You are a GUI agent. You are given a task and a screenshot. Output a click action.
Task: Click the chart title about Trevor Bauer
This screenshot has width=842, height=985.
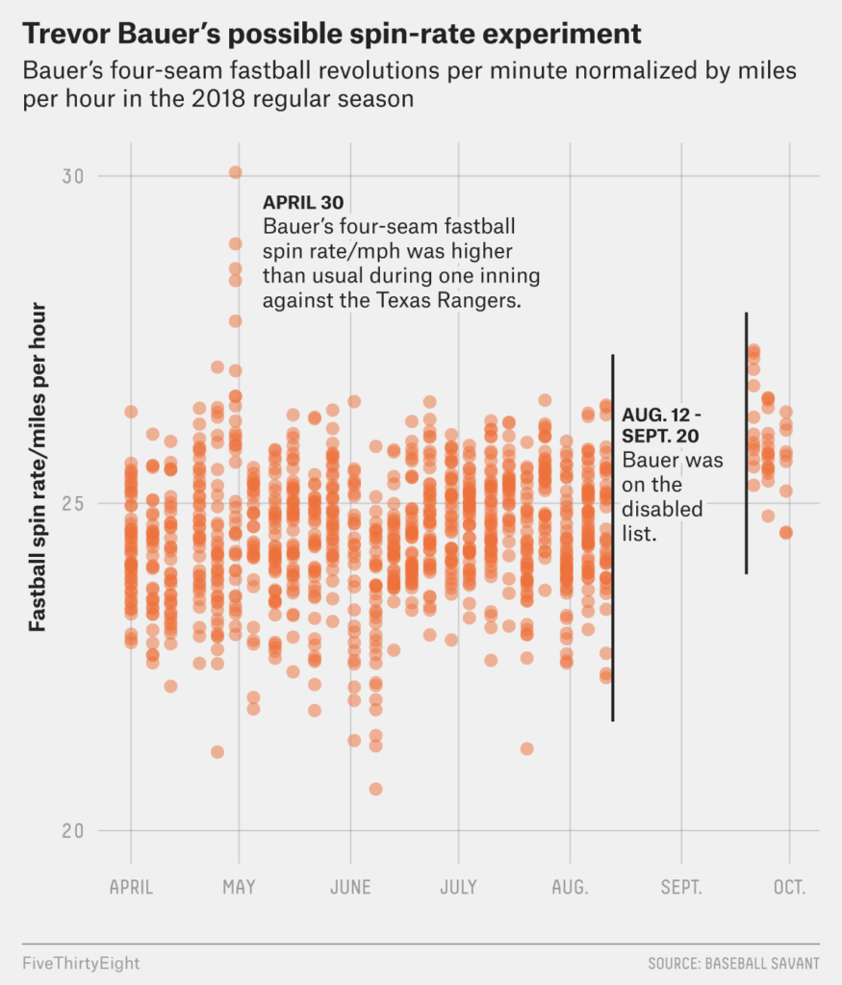[x=332, y=34]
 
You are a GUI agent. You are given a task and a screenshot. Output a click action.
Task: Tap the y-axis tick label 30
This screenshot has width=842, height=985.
[x=73, y=177]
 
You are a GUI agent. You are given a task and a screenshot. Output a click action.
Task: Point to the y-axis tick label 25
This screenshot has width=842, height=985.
[x=73, y=504]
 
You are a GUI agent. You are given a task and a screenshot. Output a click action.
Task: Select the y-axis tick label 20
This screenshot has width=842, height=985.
[x=73, y=831]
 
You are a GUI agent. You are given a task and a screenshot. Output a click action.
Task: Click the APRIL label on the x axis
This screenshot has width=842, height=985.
[x=131, y=887]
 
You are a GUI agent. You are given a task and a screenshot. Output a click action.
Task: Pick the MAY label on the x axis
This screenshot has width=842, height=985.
[x=239, y=887]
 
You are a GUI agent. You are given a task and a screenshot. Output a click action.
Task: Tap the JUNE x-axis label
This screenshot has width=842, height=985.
[x=350, y=887]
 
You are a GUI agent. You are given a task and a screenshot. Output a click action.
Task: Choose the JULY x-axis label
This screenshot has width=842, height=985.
[x=459, y=887]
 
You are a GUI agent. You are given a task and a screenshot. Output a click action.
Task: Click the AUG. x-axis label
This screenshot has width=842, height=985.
[x=570, y=887]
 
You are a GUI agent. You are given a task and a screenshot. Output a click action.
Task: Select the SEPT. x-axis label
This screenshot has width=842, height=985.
[x=681, y=887]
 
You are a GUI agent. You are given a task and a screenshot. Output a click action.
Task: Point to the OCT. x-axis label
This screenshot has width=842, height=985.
[x=789, y=887]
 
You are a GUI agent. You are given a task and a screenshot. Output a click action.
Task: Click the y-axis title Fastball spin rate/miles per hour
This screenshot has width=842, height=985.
[x=38, y=467]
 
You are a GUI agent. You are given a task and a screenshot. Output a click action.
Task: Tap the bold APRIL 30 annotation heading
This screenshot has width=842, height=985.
[x=303, y=202]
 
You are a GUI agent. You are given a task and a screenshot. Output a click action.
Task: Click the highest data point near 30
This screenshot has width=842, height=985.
[x=236, y=173]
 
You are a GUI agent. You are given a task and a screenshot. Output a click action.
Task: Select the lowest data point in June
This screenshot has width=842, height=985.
[x=375, y=789]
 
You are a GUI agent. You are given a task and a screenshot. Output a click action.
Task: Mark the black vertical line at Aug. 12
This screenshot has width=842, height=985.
[x=613, y=538]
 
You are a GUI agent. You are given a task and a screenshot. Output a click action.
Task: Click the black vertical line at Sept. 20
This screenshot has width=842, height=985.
[x=747, y=442]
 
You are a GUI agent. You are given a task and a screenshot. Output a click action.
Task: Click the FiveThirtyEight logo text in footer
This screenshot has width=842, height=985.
[x=81, y=964]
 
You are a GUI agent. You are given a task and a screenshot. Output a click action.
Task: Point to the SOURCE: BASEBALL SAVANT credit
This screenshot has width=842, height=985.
[x=734, y=964]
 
